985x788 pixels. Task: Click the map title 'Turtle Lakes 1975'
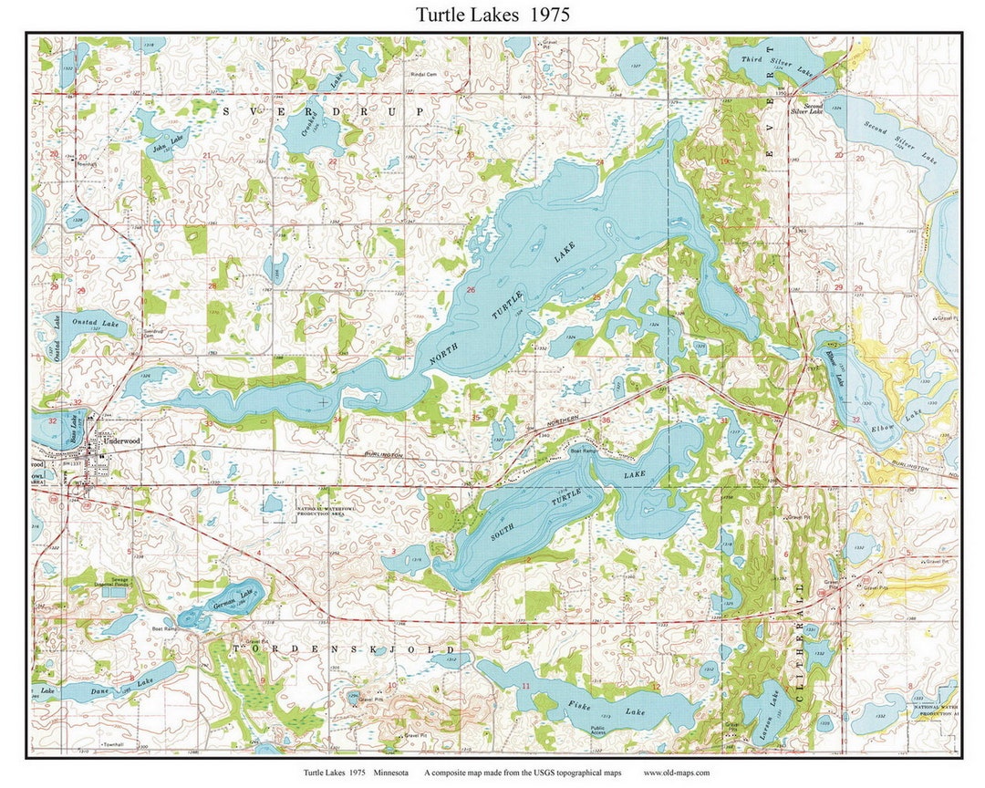pyautogui.click(x=493, y=15)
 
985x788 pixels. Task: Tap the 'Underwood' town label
pyautogui.click(x=120, y=440)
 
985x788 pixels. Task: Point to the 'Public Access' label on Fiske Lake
pyautogui.click(x=599, y=730)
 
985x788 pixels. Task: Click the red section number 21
pyautogui.click(x=206, y=156)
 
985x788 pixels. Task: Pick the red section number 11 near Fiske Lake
pyautogui.click(x=525, y=686)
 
